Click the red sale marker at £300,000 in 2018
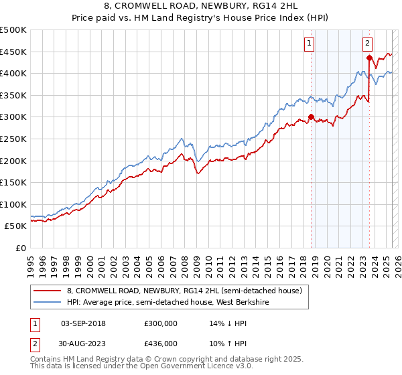(x=312, y=117)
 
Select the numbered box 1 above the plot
(x=310, y=44)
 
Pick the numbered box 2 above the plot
(x=368, y=44)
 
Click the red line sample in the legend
(x=47, y=291)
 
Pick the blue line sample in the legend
(x=47, y=302)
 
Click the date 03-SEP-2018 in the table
(x=83, y=323)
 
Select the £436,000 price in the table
(x=161, y=343)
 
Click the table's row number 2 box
(x=34, y=343)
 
